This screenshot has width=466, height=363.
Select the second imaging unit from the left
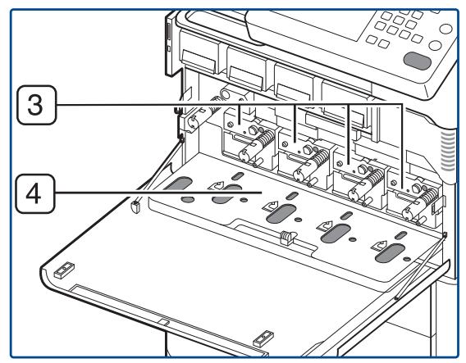(x=299, y=156)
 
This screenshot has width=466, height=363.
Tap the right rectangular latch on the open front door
(x=263, y=337)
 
